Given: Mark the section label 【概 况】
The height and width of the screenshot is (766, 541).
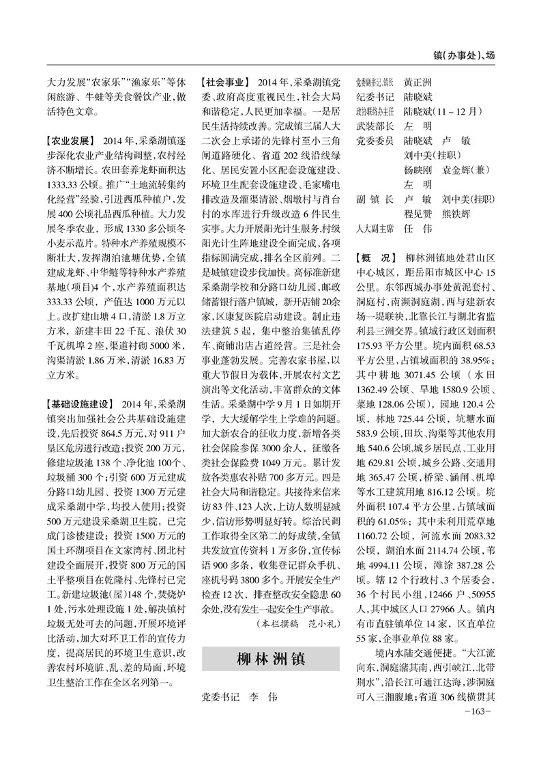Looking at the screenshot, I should click(375, 258).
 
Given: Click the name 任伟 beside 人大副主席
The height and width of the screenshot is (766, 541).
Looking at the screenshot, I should click(418, 229).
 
